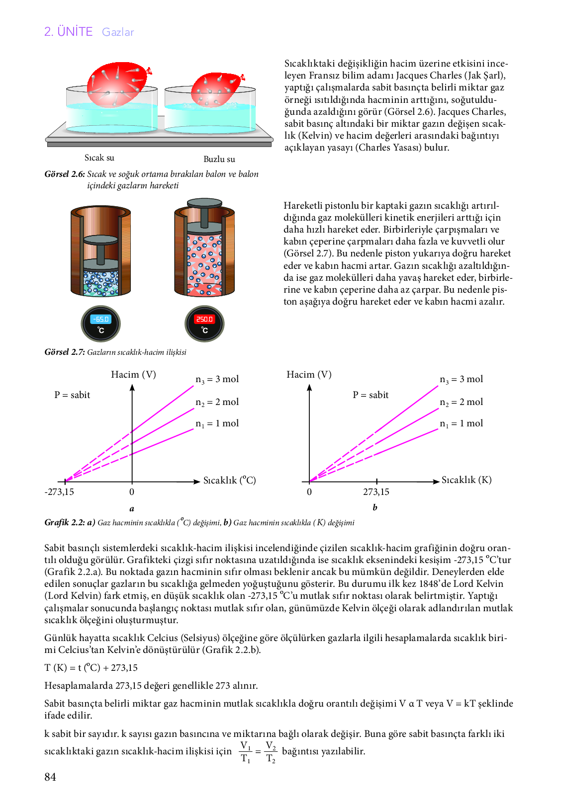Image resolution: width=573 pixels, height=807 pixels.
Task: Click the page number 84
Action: point(50,777)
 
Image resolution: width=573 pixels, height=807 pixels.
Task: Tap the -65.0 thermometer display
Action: point(101,320)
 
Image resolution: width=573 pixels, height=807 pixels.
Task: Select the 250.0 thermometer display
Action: point(204,320)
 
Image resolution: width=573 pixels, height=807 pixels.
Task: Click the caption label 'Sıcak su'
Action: point(99,158)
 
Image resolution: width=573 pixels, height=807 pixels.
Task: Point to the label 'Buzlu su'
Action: point(219,159)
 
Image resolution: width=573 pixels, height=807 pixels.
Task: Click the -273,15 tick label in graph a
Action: point(59,492)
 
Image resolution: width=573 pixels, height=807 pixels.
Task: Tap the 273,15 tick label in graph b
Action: point(376,492)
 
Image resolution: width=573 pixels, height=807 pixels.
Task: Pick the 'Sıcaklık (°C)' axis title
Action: point(229,481)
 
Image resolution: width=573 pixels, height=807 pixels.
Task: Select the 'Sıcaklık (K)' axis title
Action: point(467,480)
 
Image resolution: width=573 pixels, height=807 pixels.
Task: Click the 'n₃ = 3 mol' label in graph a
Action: point(217,379)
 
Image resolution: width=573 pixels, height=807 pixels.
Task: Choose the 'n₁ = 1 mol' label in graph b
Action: point(461,423)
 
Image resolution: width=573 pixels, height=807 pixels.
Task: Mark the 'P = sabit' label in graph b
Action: point(371,395)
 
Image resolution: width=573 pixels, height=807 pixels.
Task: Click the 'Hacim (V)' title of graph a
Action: point(133,375)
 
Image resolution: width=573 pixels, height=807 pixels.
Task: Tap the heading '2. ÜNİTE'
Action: point(69,32)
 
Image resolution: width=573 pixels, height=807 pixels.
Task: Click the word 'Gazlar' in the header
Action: point(118,32)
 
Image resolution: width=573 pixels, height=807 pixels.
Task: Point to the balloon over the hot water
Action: point(118,82)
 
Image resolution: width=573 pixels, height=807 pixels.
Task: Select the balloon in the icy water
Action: point(217,89)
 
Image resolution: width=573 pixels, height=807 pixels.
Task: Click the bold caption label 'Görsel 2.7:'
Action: point(65,352)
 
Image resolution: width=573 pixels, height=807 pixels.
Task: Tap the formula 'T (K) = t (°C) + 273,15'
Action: point(91,668)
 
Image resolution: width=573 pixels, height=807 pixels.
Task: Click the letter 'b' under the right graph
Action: point(375,507)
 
